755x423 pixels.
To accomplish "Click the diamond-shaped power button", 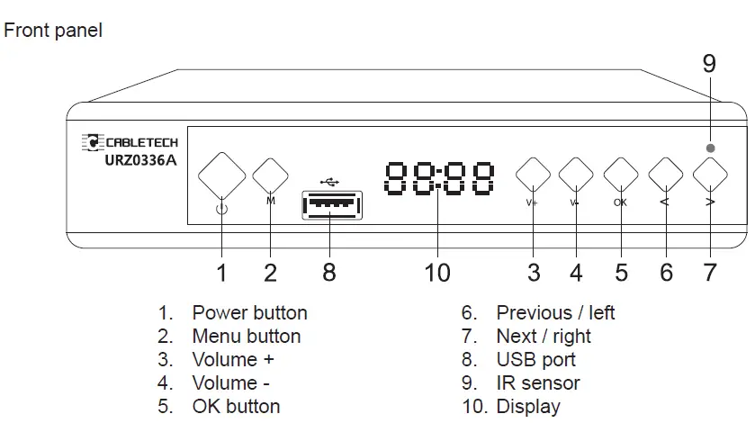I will pos(221,175).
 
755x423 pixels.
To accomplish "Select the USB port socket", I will pos(331,206).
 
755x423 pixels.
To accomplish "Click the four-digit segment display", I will pos(439,179).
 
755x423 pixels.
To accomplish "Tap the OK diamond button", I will pos(621,174).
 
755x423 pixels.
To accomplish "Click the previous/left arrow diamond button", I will pos(666,174).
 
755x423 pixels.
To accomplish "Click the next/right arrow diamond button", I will pos(710,173).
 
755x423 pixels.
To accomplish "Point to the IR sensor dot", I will pos(711,148).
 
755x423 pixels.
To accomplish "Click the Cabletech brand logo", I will pos(130,142).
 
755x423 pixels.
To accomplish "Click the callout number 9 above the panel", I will pos(709,64).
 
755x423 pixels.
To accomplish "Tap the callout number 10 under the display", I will pos(436,272).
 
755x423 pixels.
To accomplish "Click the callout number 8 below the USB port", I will pos(329,272).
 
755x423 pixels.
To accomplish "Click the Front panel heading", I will pos(54,31).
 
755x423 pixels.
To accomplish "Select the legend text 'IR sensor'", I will pos(538,382).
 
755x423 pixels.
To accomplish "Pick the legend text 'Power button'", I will pos(249,313).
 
